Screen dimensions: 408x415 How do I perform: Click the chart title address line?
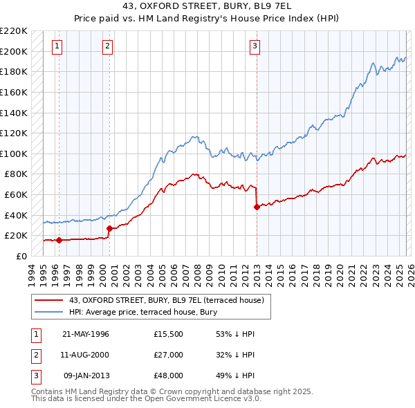[x=207, y=7]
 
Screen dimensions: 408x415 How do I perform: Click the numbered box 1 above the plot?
[x=57, y=46]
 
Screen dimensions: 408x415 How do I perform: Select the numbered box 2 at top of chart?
[x=108, y=46]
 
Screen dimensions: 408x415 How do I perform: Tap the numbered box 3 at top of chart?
[x=255, y=46]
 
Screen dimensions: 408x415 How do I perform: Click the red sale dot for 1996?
[x=59, y=240]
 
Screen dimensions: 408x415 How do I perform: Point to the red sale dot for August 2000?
[x=109, y=228]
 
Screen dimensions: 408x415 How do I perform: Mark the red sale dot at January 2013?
[x=257, y=207]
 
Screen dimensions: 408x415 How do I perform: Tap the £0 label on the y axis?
[x=21, y=256]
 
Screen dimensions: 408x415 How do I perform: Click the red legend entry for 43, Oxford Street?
[x=166, y=301]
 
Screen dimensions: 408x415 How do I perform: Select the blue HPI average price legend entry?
[x=143, y=313]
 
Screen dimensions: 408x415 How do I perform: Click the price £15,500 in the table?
[x=169, y=334]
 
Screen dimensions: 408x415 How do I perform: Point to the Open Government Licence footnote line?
[x=147, y=399]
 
